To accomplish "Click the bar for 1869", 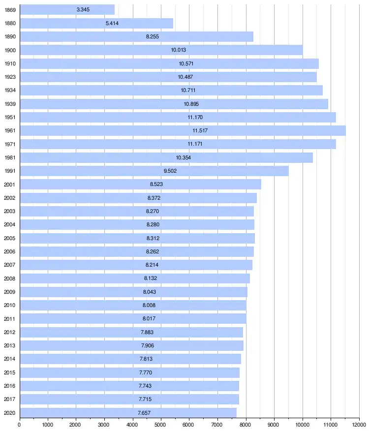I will coord(67,10).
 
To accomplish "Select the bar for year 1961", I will coord(183,130).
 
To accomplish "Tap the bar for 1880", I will coord(96,23).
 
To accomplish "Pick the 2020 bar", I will coord(128,412).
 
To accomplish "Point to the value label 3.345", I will coord(83,10).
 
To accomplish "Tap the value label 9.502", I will coord(170,171).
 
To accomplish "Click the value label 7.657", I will coord(144,412).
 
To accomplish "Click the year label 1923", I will coord(10,77).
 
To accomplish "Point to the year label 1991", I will coord(10,171).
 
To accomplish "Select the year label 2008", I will coord(10,278).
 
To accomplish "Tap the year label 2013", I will coord(10,345).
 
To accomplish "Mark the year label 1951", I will coord(10,117).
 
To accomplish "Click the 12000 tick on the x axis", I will coord(359,424).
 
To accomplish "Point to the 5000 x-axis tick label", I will coord(161,424).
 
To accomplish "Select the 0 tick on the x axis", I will coord(20,424).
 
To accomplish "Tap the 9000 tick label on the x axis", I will coord(274,424).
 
